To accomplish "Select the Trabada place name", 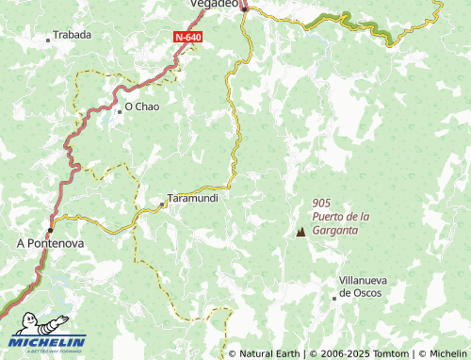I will pyautogui.click(x=73, y=35).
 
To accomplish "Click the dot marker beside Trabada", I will pyautogui.click(x=48, y=40).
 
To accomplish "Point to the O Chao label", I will pyautogui.click(x=142, y=106).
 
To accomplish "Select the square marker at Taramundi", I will pyautogui.click(x=163, y=201).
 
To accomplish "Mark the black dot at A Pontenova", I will pyautogui.click(x=51, y=228).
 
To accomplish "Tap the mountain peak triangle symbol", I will pyautogui.click(x=300, y=231).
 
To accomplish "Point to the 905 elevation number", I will pyautogui.click(x=320, y=203).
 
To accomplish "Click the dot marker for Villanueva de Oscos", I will pyautogui.click(x=334, y=298).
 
